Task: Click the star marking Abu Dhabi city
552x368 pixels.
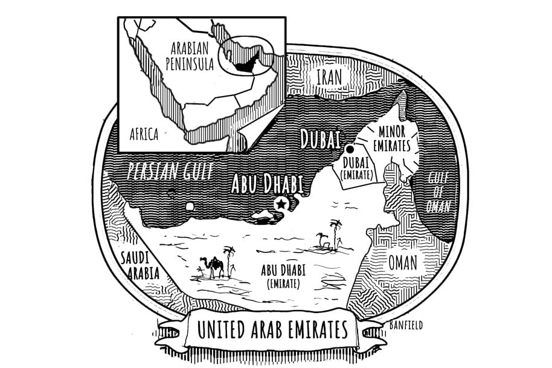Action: pos(280,204)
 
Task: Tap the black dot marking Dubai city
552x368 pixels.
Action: pos(349,149)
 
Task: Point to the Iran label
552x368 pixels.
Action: pos(329,77)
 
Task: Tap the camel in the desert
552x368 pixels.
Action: pos(206,266)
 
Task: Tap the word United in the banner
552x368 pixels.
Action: pos(217,331)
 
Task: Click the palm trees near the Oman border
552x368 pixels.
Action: pos(333,232)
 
